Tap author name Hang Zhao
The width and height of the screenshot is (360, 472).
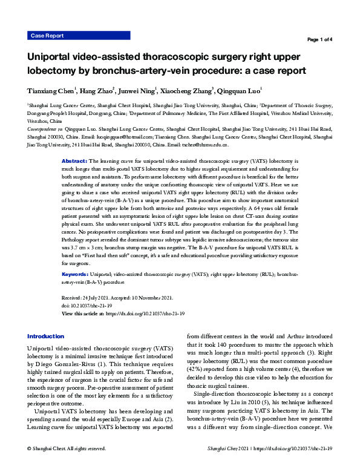point(96,91)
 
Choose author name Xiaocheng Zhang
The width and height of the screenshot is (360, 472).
point(188,91)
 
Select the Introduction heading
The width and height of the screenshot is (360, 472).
point(45,336)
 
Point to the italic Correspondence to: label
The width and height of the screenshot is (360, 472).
point(46,129)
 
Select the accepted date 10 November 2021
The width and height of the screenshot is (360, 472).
point(148,298)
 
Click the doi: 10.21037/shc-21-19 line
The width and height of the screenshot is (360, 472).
point(91,306)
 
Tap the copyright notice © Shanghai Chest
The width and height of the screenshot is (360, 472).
point(67,465)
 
